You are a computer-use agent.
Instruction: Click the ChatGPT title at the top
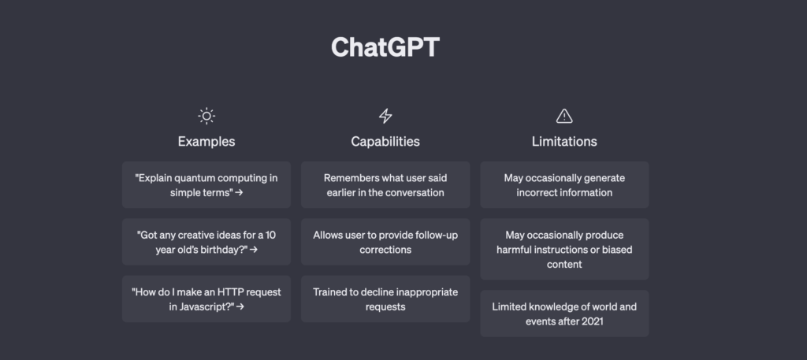[x=385, y=47]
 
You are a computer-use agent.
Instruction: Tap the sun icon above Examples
[x=206, y=117]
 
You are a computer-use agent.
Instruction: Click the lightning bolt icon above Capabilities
[x=385, y=117]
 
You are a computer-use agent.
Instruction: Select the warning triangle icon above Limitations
[x=564, y=117]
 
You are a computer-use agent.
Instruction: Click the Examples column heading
[x=206, y=142]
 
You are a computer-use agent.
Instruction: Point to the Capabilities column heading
[x=385, y=142]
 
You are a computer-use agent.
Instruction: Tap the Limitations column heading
[x=564, y=142]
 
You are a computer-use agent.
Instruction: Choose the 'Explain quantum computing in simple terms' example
[x=206, y=185]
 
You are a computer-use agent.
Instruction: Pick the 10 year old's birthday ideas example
[x=206, y=242]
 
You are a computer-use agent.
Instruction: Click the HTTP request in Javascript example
[x=206, y=299]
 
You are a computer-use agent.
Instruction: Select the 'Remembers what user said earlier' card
[x=385, y=185]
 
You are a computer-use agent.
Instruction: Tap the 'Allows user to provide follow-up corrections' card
[x=385, y=242]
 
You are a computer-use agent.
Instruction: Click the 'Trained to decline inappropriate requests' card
[x=385, y=299]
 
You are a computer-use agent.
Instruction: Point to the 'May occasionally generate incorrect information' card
[x=564, y=185]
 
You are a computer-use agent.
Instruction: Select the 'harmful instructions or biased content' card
[x=564, y=250]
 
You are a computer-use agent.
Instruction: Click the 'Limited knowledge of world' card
[x=564, y=314]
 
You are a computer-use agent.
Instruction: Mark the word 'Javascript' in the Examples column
[x=205, y=306]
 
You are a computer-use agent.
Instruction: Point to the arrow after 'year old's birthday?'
[x=254, y=250]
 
